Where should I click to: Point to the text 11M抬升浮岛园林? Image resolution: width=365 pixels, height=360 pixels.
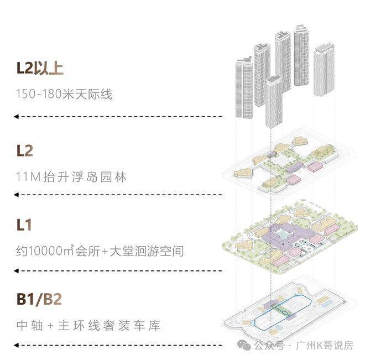point(72,178)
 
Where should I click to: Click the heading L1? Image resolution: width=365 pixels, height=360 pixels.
point(24,225)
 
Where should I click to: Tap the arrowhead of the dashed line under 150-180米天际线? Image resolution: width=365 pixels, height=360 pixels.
point(17,117)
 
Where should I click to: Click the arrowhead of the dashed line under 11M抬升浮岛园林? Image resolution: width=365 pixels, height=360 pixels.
point(17,195)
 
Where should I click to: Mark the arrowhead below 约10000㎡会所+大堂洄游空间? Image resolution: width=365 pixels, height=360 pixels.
point(17,270)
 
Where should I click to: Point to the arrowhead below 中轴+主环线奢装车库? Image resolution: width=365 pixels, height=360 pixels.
point(17,346)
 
